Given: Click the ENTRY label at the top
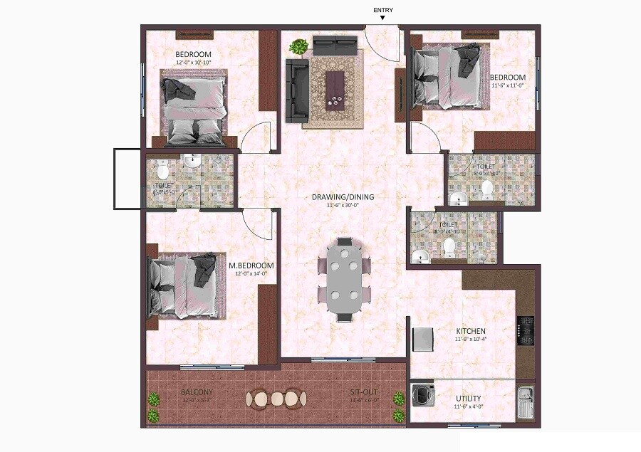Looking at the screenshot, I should tap(382, 9).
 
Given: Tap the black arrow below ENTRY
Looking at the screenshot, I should tap(382, 18).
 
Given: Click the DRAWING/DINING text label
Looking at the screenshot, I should tap(343, 197).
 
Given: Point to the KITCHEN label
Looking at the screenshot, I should tap(471, 331).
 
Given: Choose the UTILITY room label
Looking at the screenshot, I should tap(467, 399).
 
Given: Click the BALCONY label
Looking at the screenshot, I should tap(197, 392).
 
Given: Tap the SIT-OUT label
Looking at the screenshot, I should tap(364, 392).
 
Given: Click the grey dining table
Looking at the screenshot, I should tap(344, 280).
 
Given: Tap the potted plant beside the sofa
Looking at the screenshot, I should tap(299, 48).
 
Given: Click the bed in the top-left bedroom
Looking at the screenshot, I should tap(194, 107).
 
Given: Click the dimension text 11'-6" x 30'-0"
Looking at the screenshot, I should tap(343, 206).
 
